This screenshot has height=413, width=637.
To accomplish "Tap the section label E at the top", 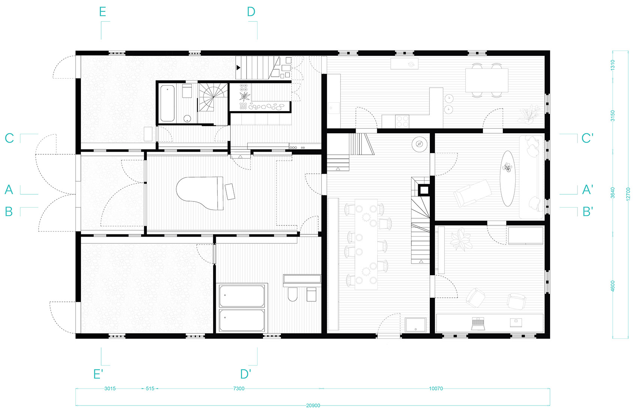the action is tap(103, 12).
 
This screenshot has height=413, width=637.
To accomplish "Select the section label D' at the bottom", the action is tap(246, 374).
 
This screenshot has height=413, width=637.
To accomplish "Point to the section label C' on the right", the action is tap(587, 139).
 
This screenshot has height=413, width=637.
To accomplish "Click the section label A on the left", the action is tap(9, 189).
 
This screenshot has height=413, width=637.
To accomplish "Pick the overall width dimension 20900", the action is tap(313, 406).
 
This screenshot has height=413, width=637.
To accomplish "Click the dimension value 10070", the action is tap(436, 389).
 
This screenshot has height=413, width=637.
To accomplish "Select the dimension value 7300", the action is tap(239, 389).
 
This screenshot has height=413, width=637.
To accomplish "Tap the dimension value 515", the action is tap(150, 389).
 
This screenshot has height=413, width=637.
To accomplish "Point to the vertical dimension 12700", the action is tap(628, 194).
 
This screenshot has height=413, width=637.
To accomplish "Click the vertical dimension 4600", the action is tap(613, 286).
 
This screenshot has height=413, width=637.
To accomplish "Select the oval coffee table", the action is tap(507, 178).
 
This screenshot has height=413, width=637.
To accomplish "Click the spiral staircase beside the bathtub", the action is tap(213, 97).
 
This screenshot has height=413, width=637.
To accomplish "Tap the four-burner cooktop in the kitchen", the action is tap(402, 121).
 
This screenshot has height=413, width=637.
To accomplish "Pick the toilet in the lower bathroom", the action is tap(293, 294).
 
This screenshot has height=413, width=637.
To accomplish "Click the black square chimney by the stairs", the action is tap(424, 190).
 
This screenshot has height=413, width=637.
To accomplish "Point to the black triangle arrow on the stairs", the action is tap(238, 68).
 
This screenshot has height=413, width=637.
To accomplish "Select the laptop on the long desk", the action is tap(478, 324).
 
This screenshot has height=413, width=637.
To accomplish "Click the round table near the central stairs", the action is tap(419, 144).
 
